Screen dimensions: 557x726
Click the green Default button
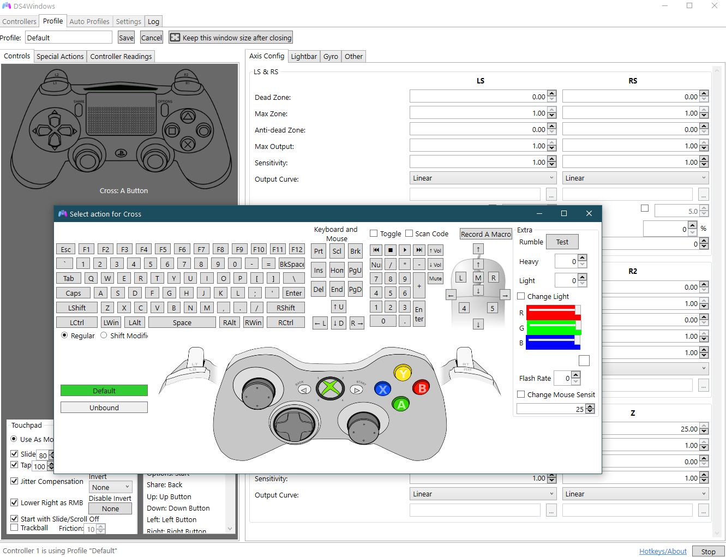pyautogui.click(x=104, y=391)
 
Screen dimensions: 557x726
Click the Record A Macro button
pyautogui.click(x=485, y=234)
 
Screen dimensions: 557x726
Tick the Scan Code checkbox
pyautogui.click(x=409, y=233)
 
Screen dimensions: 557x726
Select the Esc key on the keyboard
pyautogui.click(x=65, y=249)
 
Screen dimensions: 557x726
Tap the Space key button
pyautogui.click(x=182, y=322)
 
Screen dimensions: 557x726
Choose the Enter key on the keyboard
pyautogui.click(x=293, y=293)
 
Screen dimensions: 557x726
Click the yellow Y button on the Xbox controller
pyautogui.click(x=403, y=373)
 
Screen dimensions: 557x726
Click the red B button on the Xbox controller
pyautogui.click(x=421, y=388)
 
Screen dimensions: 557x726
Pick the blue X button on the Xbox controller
pyautogui.click(x=383, y=389)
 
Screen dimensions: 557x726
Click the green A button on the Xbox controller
pyautogui.click(x=401, y=404)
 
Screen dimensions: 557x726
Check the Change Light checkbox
pyautogui.click(x=521, y=296)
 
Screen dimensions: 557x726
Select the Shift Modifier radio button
pyautogui.click(x=104, y=336)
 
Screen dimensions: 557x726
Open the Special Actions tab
pyautogui.click(x=60, y=56)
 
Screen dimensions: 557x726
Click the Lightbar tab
pyautogui.click(x=303, y=56)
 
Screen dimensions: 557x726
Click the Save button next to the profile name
pyautogui.click(x=126, y=38)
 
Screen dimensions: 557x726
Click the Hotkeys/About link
pyautogui.click(x=663, y=551)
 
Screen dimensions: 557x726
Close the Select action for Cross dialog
pyautogui.click(x=589, y=213)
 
